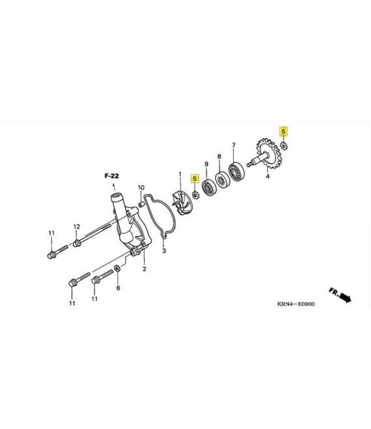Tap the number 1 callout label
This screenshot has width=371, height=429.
(x=180, y=174)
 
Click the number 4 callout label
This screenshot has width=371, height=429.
(x=268, y=176)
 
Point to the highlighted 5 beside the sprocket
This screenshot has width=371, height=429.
(x=284, y=131)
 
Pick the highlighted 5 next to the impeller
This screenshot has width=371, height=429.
(x=195, y=179)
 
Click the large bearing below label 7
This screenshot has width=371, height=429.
(x=236, y=171)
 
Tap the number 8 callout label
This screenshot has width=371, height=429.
(x=219, y=157)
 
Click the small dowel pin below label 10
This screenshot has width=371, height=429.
(x=141, y=204)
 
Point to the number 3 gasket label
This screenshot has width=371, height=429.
(x=164, y=251)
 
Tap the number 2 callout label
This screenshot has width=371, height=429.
(x=144, y=269)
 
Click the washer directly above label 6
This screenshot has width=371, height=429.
(x=117, y=268)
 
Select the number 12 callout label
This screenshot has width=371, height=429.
(x=76, y=227)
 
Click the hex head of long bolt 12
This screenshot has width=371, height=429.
(x=77, y=243)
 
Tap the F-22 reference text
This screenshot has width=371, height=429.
(x=112, y=175)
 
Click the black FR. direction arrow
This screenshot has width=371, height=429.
(x=345, y=298)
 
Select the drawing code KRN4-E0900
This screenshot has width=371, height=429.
(x=296, y=304)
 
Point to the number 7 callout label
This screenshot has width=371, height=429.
(x=234, y=145)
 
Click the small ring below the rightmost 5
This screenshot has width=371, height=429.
(x=284, y=146)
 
